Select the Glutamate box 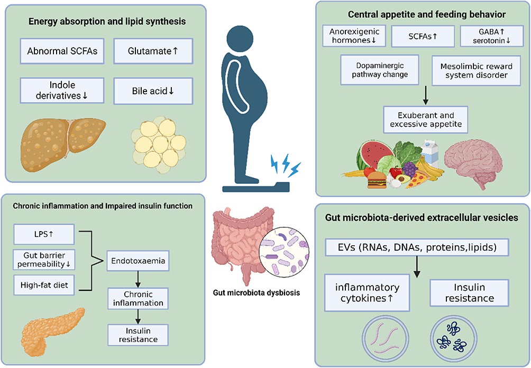[x=150, y=52]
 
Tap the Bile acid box [x=150, y=90]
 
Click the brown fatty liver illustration [x=63, y=140]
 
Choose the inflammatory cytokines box [x=367, y=292]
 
